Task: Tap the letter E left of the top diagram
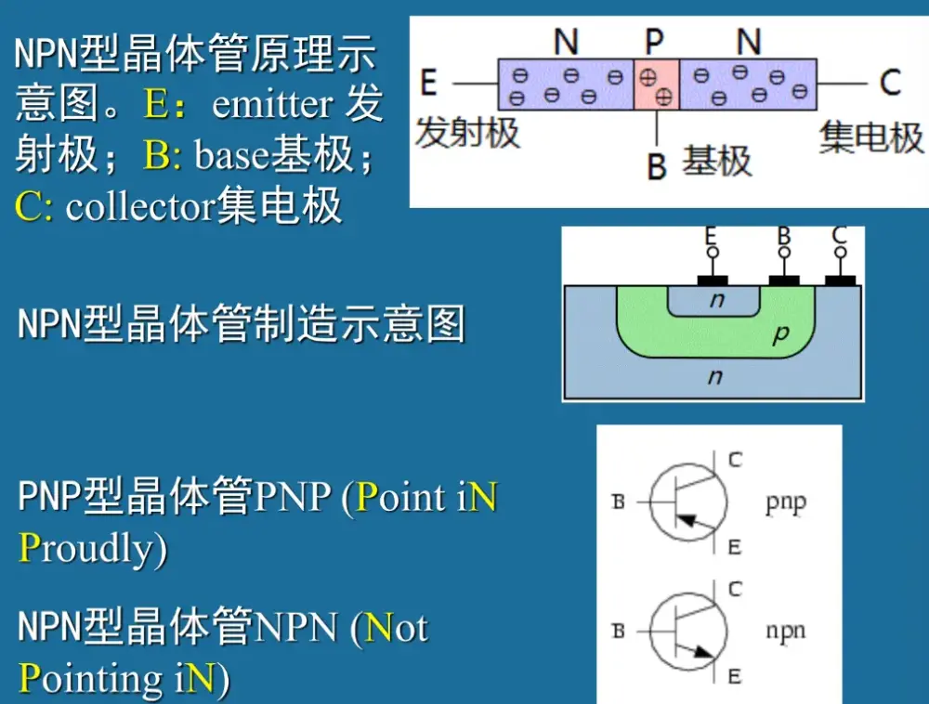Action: tap(428, 83)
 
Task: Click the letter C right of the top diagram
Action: tap(890, 83)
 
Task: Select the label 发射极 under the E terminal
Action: tap(466, 133)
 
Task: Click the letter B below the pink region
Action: tap(657, 167)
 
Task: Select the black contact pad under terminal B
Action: tap(784, 279)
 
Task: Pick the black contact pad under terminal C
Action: tap(840, 279)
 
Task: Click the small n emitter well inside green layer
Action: tap(714, 301)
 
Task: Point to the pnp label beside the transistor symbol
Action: tap(785, 503)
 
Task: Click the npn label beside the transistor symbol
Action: tap(786, 632)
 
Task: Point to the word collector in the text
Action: tap(139, 206)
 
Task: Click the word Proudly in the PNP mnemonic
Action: tap(93, 549)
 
